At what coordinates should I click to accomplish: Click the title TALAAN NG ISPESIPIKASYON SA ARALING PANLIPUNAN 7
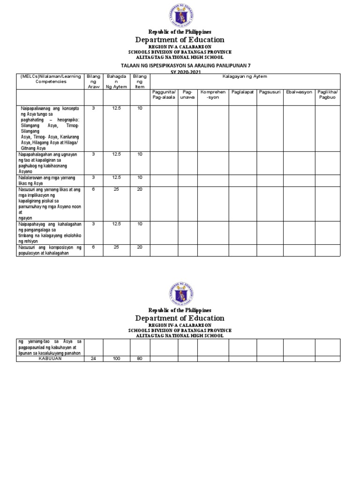pyautogui.click(x=180, y=65)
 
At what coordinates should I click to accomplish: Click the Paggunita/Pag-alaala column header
pyautogui.click(x=164, y=95)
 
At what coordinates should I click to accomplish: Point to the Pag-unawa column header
pyautogui.click(x=187, y=95)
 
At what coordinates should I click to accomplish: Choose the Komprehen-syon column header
pyautogui.click(x=213, y=95)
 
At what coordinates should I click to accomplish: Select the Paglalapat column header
pyautogui.click(x=242, y=92)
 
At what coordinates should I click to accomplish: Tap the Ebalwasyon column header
pyautogui.click(x=299, y=92)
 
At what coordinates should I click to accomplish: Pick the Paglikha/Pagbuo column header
pyautogui.click(x=327, y=95)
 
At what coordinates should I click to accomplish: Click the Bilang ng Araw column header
pyautogui.click(x=93, y=81)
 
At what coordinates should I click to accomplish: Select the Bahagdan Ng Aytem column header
pyautogui.click(x=116, y=81)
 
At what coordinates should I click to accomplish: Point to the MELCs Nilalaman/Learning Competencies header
pyautogui.click(x=50, y=79)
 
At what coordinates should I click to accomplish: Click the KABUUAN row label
pyautogui.click(x=50, y=359)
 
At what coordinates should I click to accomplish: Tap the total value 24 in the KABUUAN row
pyautogui.click(x=93, y=359)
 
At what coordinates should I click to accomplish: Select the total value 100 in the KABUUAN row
pyautogui.click(x=116, y=359)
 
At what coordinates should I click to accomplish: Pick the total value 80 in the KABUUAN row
pyautogui.click(x=140, y=359)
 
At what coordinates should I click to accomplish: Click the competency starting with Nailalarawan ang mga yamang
pyautogui.click(x=50, y=180)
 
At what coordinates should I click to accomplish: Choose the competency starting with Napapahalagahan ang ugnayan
pyautogui.click(x=50, y=163)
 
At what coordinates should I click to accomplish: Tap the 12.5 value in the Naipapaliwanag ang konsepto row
pyautogui.click(x=116, y=108)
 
